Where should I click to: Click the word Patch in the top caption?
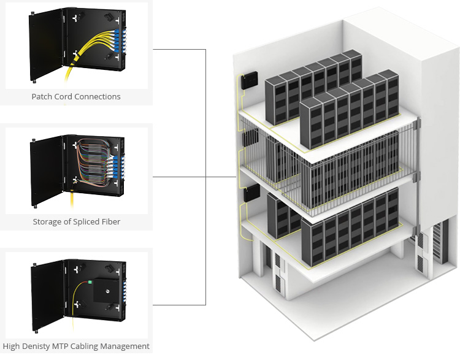pos(42,96)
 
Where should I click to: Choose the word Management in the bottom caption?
pos(126,347)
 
